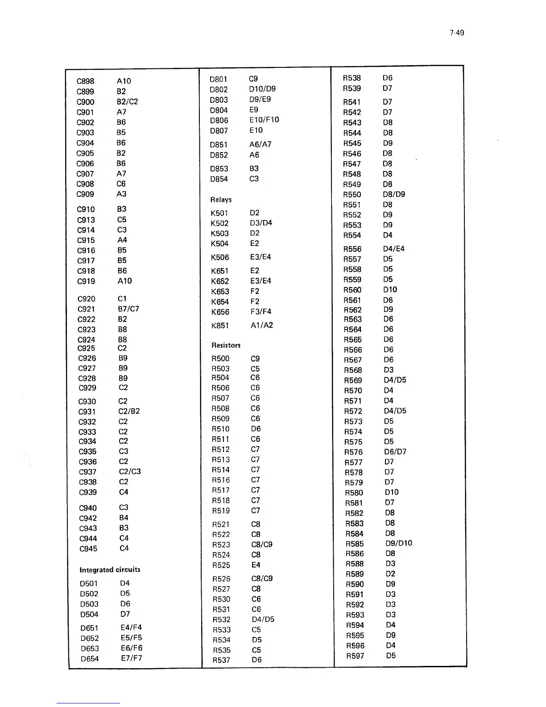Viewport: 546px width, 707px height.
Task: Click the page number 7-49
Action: click(x=457, y=33)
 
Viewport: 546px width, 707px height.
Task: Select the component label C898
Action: click(x=85, y=81)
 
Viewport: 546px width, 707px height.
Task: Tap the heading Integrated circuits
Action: click(x=110, y=570)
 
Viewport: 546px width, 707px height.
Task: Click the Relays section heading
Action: click(x=221, y=200)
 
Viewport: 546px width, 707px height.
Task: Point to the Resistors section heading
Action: click(x=226, y=345)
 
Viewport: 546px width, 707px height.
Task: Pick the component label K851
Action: click(x=220, y=326)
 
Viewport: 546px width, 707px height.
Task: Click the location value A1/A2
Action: click(x=261, y=325)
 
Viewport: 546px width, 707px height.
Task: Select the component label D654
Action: click(x=90, y=659)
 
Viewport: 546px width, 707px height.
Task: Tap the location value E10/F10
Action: click(x=264, y=120)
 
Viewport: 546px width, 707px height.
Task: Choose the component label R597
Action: click(x=355, y=656)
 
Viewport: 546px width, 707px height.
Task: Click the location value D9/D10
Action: click(x=398, y=543)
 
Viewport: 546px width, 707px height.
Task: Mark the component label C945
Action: click(x=88, y=549)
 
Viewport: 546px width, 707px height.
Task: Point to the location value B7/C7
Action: click(x=128, y=309)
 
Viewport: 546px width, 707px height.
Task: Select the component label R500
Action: click(x=220, y=359)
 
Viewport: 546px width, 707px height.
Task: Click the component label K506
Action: click(x=220, y=258)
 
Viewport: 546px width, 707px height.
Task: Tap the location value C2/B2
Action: click(x=129, y=411)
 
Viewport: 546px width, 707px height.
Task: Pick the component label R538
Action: click(x=352, y=78)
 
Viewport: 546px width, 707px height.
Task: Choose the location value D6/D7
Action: click(x=395, y=452)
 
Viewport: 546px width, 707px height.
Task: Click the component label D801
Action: click(x=218, y=79)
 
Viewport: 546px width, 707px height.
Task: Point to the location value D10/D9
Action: click(x=262, y=89)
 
